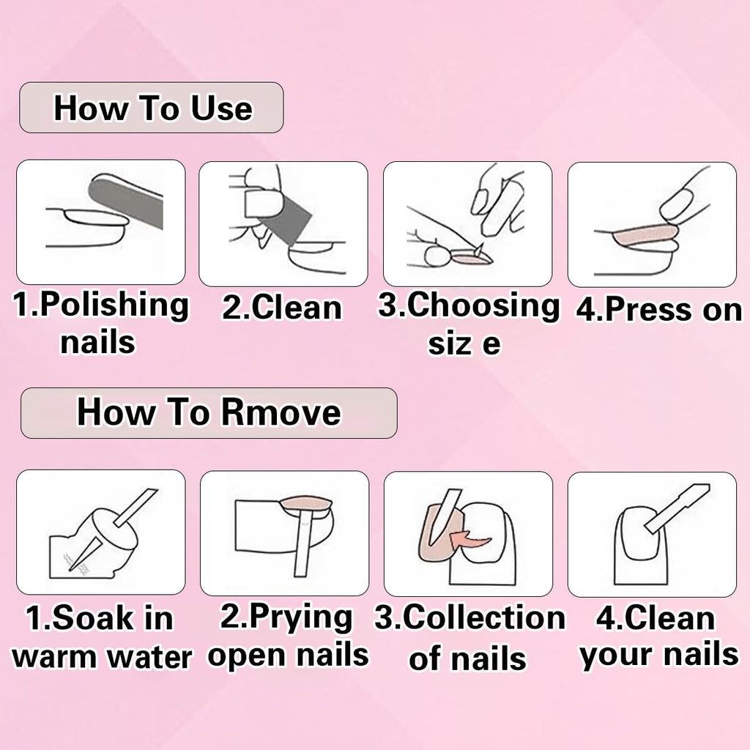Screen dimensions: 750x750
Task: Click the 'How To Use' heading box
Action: (x=151, y=108)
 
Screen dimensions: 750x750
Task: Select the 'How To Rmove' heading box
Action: (x=209, y=412)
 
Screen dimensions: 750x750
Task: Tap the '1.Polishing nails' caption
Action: (x=100, y=322)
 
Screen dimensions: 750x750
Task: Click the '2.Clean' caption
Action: (x=282, y=308)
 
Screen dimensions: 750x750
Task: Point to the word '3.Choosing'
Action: (x=469, y=305)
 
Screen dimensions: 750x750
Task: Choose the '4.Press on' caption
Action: (x=658, y=310)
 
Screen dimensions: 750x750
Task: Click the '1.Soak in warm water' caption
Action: (x=101, y=637)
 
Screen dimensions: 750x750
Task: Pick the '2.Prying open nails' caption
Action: (x=287, y=636)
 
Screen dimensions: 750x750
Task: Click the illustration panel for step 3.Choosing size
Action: (x=467, y=223)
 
